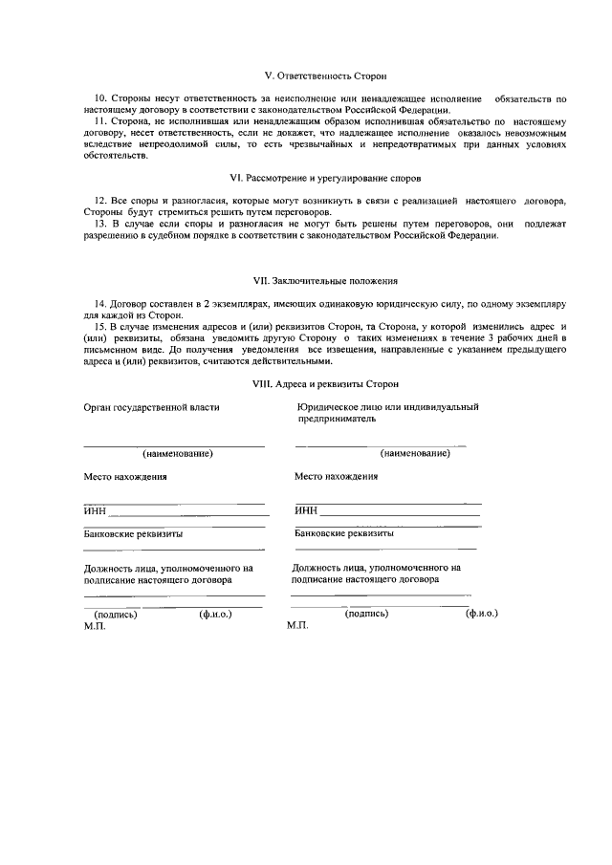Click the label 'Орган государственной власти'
point(151,407)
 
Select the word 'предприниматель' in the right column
point(332,419)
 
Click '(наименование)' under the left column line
point(177,453)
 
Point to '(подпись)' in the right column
point(366,614)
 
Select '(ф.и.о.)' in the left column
point(215,615)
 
